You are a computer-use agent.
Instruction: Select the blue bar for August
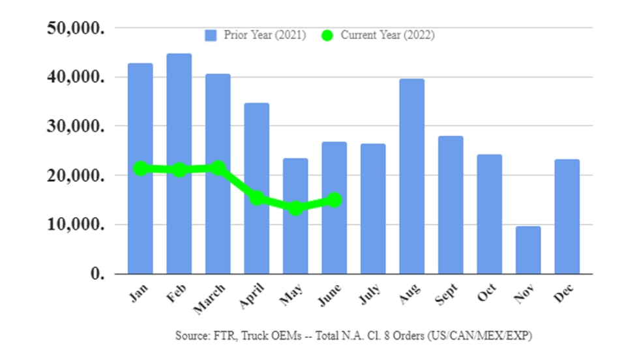[412, 176]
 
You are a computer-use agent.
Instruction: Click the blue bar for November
[528, 250]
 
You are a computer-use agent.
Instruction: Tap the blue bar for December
[567, 217]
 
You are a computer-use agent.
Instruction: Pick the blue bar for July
[373, 209]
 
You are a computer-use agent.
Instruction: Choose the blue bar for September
[451, 205]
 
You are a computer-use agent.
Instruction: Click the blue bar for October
[489, 214]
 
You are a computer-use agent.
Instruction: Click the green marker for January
[140, 168]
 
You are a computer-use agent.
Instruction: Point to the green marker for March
[218, 168]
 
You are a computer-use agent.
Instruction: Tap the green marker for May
[295, 209]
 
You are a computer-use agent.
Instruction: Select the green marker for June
[334, 200]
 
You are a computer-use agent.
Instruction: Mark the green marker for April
[257, 198]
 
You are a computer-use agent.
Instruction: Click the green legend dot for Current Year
[327, 35]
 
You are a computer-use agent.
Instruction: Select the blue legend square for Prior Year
[211, 35]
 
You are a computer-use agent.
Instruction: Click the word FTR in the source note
[218, 336]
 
